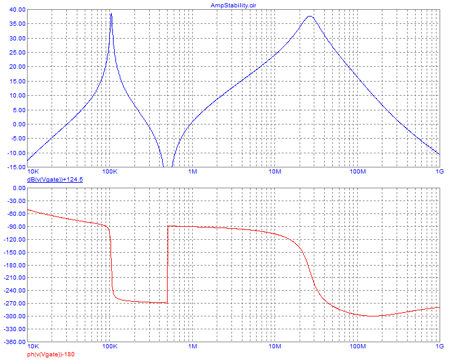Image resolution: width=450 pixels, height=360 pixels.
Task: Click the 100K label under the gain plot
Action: tap(110, 172)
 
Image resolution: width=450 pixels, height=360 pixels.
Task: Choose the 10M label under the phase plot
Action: tap(274, 347)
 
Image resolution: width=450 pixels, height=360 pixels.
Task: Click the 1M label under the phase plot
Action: tap(192, 347)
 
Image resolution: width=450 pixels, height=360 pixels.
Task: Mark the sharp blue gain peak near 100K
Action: tap(111, 15)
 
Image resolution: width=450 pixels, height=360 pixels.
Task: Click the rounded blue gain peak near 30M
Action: tap(310, 17)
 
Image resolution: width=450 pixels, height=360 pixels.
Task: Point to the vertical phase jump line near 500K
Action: tap(168, 264)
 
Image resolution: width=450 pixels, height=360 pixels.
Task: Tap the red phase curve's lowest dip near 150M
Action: tap(373, 316)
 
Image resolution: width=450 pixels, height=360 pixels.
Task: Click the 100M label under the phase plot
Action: tap(357, 347)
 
